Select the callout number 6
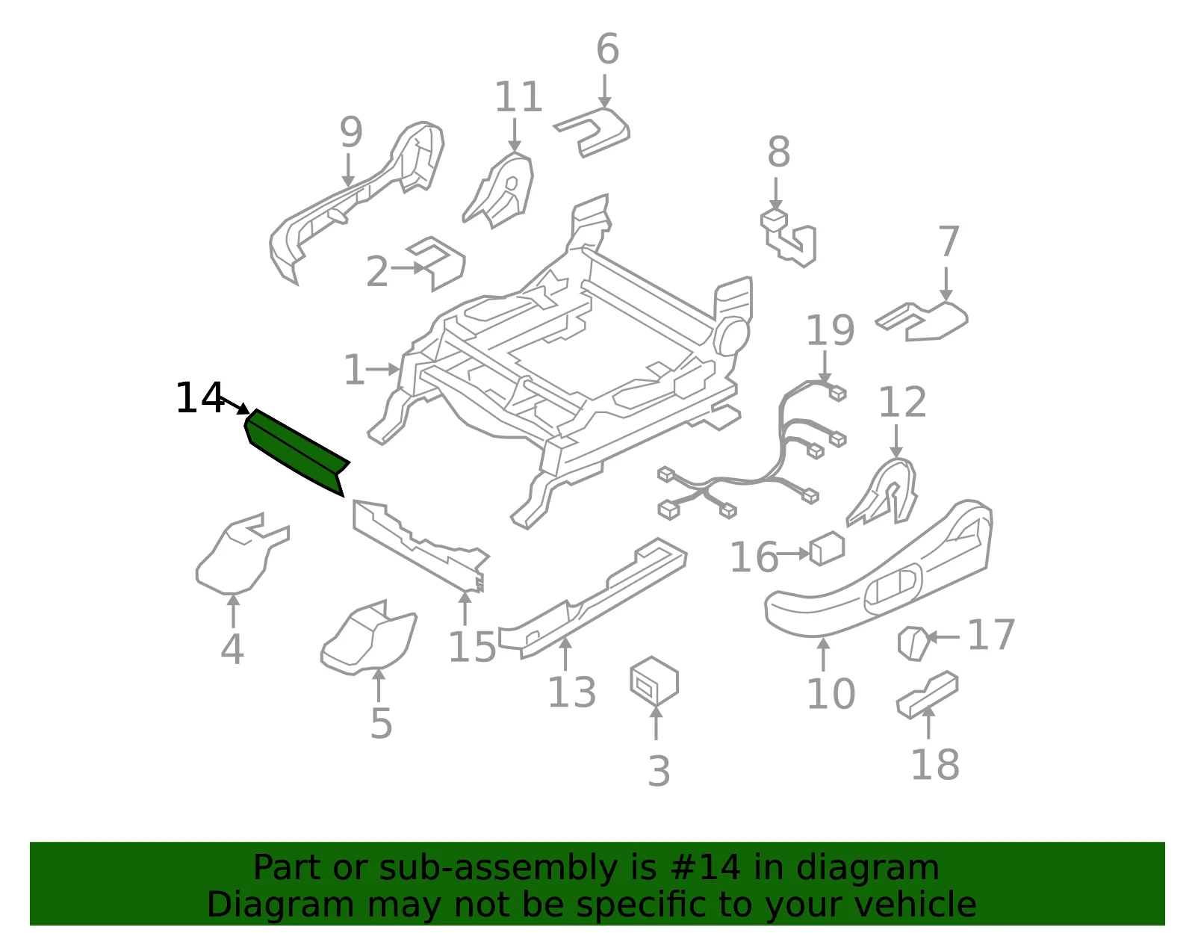[608, 49]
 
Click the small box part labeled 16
[827, 548]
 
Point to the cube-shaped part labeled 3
[654, 681]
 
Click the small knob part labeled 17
[913, 643]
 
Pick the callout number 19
[831, 330]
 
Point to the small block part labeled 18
[927, 695]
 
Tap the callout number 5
[381, 724]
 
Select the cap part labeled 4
[242, 554]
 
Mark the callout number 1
[353, 370]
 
